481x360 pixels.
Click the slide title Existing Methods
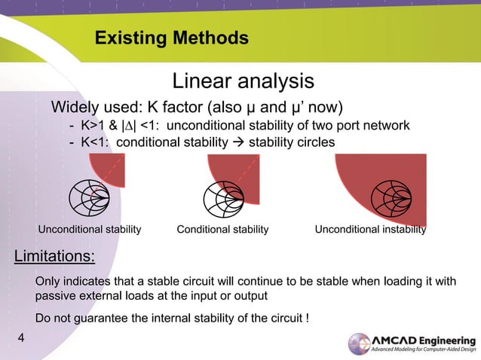click(x=171, y=38)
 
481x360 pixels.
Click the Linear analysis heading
click(x=243, y=80)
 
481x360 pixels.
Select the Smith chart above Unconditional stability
click(x=90, y=197)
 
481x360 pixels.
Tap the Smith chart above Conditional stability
click(x=223, y=198)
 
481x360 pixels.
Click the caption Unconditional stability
click(x=90, y=230)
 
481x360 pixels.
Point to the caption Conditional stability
click(x=222, y=230)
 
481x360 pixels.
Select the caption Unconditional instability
click(x=370, y=230)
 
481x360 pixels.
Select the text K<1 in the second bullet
click(x=92, y=141)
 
